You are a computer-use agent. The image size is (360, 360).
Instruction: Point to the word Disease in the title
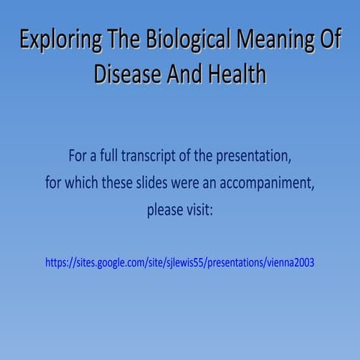[x=127, y=73]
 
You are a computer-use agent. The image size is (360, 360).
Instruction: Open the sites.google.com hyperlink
[x=180, y=262]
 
